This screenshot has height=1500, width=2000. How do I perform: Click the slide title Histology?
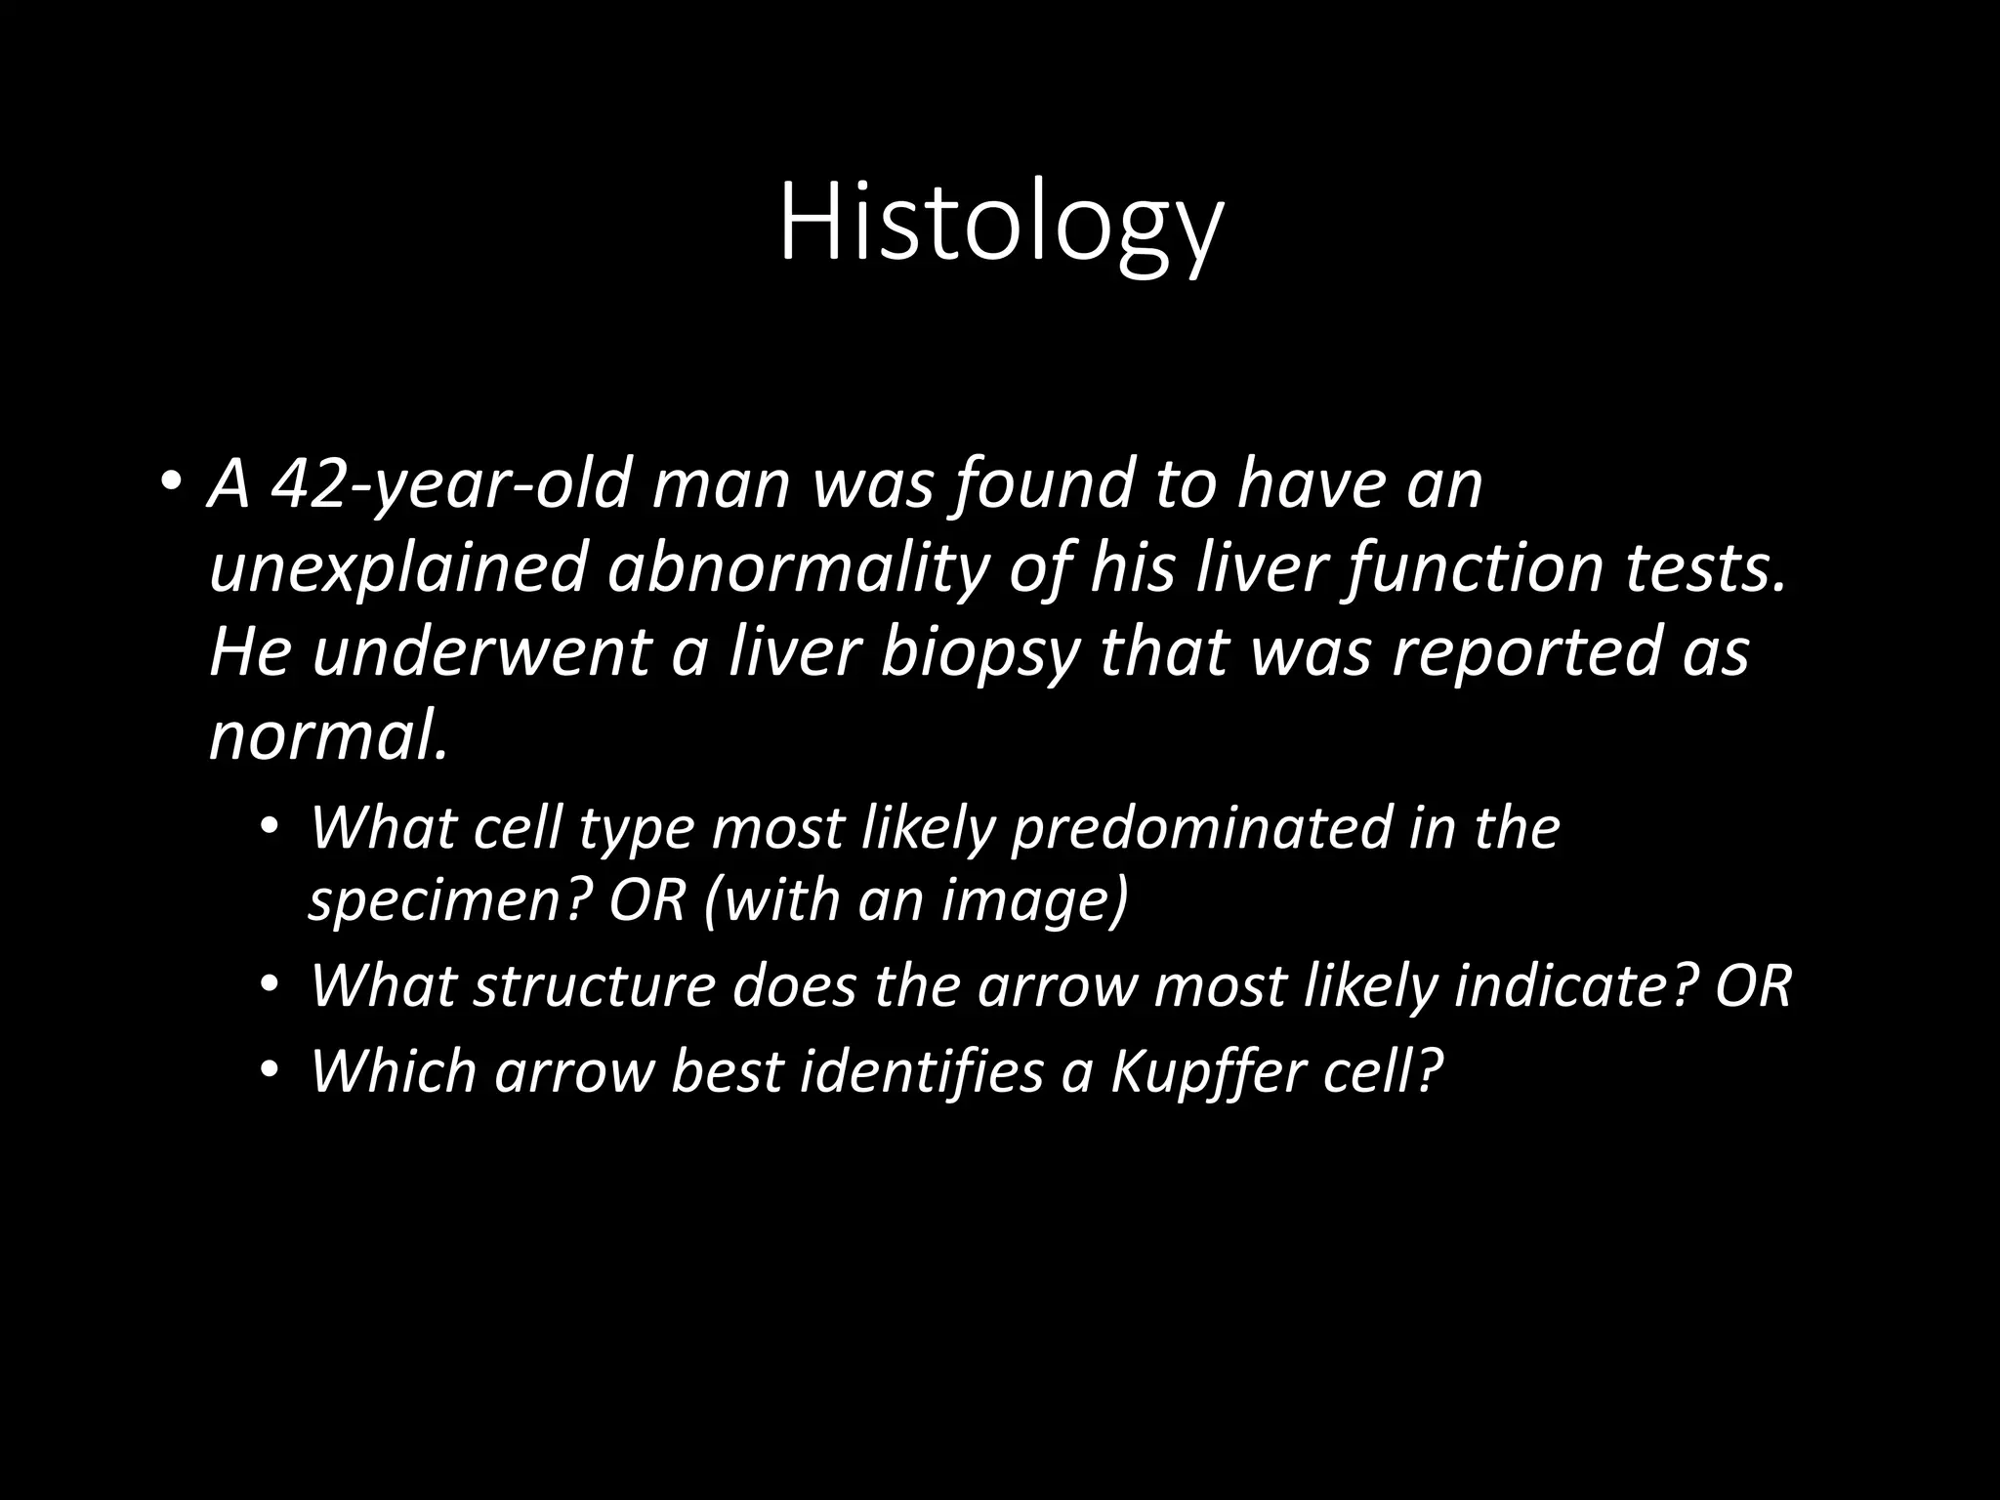1000,227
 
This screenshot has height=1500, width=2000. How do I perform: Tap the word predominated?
1199,828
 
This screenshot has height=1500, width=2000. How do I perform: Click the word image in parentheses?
1030,899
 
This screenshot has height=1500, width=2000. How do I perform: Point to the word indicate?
1575,984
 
